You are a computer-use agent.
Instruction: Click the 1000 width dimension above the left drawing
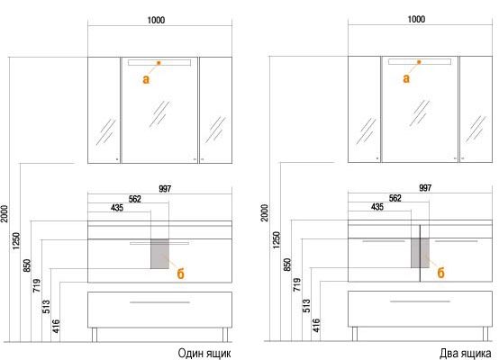tap(156, 21)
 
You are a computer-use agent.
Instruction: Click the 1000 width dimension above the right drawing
tap(416, 20)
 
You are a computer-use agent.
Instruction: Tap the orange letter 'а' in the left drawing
tap(146, 79)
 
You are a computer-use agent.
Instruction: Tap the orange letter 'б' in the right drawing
tap(440, 273)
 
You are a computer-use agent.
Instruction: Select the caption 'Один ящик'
tap(204, 353)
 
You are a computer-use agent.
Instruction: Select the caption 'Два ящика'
tap(465, 353)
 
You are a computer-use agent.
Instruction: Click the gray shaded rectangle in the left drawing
tap(159, 254)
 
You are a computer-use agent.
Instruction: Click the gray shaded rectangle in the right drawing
tap(420, 253)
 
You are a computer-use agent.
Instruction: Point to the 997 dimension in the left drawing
tap(165, 189)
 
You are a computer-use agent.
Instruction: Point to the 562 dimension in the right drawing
tap(395, 198)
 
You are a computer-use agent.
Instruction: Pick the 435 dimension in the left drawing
tap(117, 208)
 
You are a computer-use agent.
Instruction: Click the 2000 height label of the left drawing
tap(5, 213)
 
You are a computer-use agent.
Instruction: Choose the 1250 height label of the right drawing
tap(277, 239)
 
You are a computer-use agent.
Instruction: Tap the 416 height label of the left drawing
tap(56, 326)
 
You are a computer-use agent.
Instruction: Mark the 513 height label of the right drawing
tap(306, 306)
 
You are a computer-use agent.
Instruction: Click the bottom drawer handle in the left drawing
tap(159, 302)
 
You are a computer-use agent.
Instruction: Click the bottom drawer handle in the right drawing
tap(420, 301)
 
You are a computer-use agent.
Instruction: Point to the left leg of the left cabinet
tap(95, 335)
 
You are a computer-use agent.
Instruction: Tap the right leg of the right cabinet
tap(485, 334)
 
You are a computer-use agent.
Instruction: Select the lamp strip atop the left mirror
tap(159, 62)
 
